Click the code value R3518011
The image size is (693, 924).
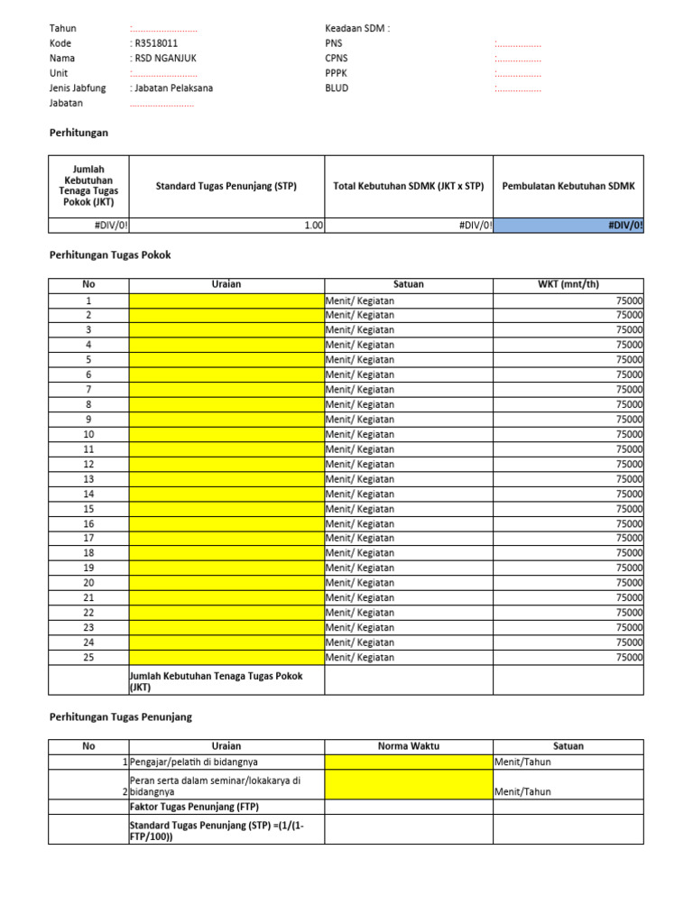[155, 43]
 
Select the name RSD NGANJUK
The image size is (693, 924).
[164, 59]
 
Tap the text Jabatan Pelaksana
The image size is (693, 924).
[172, 88]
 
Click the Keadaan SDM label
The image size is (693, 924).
[357, 28]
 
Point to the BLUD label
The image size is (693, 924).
[337, 88]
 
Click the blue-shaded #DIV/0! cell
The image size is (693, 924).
[568, 226]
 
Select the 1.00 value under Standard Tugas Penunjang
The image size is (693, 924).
[312, 226]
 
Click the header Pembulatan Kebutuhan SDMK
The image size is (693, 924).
[568, 186]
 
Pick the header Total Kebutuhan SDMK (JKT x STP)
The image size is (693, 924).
[409, 186]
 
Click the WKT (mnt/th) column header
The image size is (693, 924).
[568, 284]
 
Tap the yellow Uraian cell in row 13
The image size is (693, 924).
[226, 479]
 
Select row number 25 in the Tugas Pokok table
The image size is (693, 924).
[88, 657]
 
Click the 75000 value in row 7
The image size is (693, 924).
[628, 389]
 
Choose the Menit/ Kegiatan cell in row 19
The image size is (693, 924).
[360, 568]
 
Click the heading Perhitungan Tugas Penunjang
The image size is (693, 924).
[120, 717]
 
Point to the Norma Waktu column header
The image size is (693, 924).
[409, 746]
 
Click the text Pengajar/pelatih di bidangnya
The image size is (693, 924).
[194, 762]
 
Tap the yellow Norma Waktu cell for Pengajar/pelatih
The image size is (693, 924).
[409, 762]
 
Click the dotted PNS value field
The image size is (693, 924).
[518, 43]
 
